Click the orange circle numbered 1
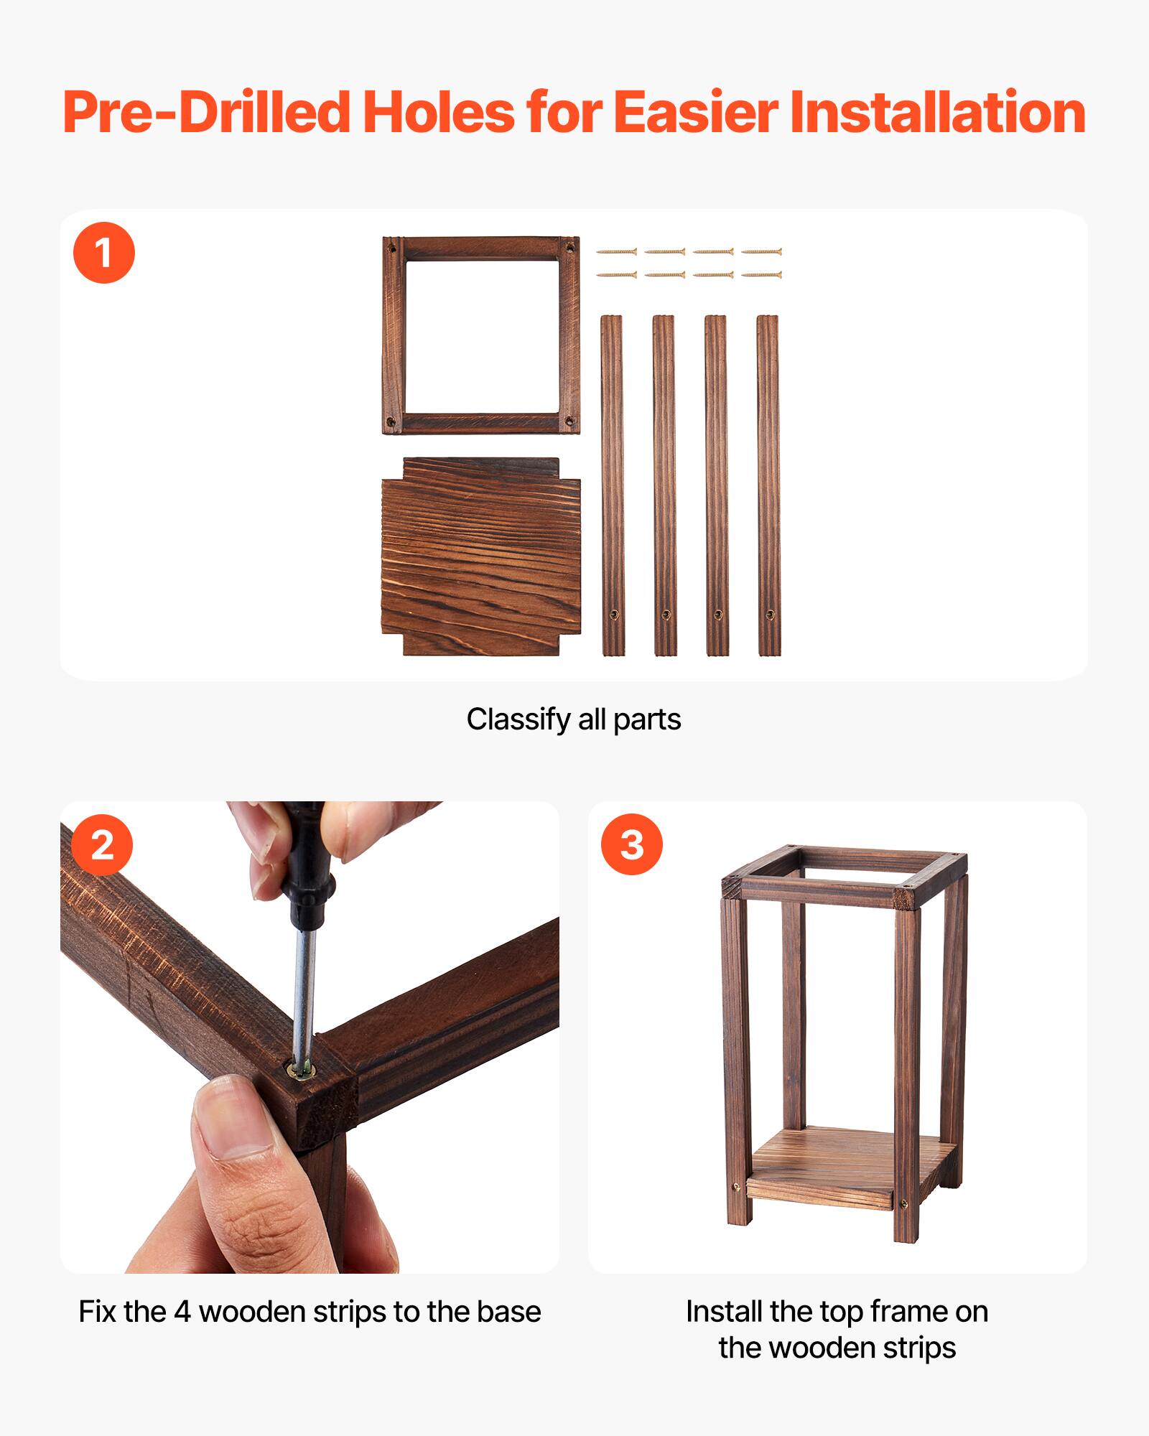[x=104, y=253]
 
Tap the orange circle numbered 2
[x=102, y=844]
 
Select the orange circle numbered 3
[x=631, y=844]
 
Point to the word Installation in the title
[x=937, y=113]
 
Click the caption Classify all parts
[x=573, y=719]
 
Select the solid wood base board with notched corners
[x=480, y=556]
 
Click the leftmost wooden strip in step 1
[x=612, y=485]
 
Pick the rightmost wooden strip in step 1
[x=768, y=485]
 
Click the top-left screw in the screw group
[x=616, y=252]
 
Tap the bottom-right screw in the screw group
[x=761, y=275]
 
